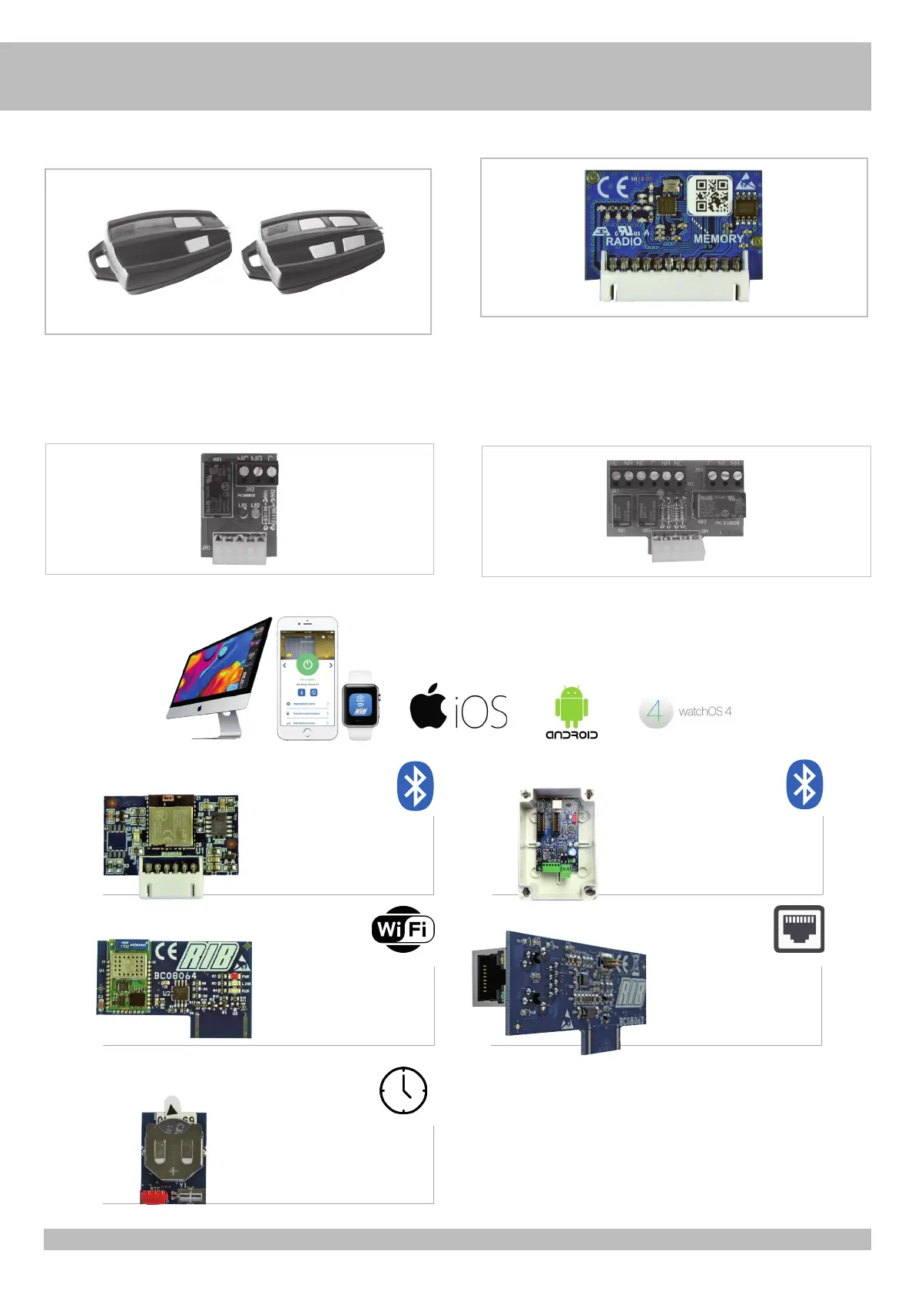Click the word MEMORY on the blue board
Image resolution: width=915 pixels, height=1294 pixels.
coord(718,239)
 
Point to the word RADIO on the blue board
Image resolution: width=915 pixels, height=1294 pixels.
coord(623,241)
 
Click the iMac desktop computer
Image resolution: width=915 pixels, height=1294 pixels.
coord(219,676)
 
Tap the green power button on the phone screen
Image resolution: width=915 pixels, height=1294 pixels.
coord(307,664)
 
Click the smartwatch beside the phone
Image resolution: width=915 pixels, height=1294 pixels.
coord(360,705)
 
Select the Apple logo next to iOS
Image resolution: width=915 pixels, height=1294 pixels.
coord(428,705)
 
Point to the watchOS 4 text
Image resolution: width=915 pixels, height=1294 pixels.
coord(704,712)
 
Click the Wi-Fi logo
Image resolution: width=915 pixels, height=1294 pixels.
coord(403,929)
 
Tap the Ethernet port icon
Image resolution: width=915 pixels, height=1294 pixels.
coord(799,929)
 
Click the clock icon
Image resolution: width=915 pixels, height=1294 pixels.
coord(403,1090)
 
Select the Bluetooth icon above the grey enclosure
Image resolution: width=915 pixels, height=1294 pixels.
coord(804,785)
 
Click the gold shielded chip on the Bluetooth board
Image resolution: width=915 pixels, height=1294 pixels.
coord(171,821)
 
